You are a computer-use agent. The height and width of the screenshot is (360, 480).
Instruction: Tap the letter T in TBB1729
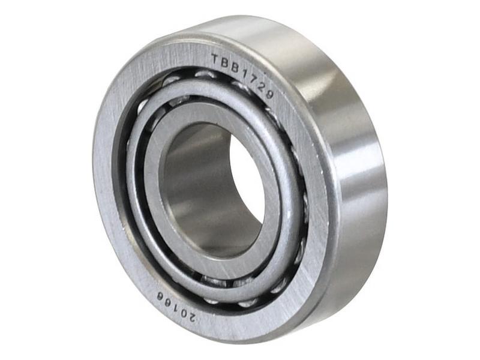point(216,59)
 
